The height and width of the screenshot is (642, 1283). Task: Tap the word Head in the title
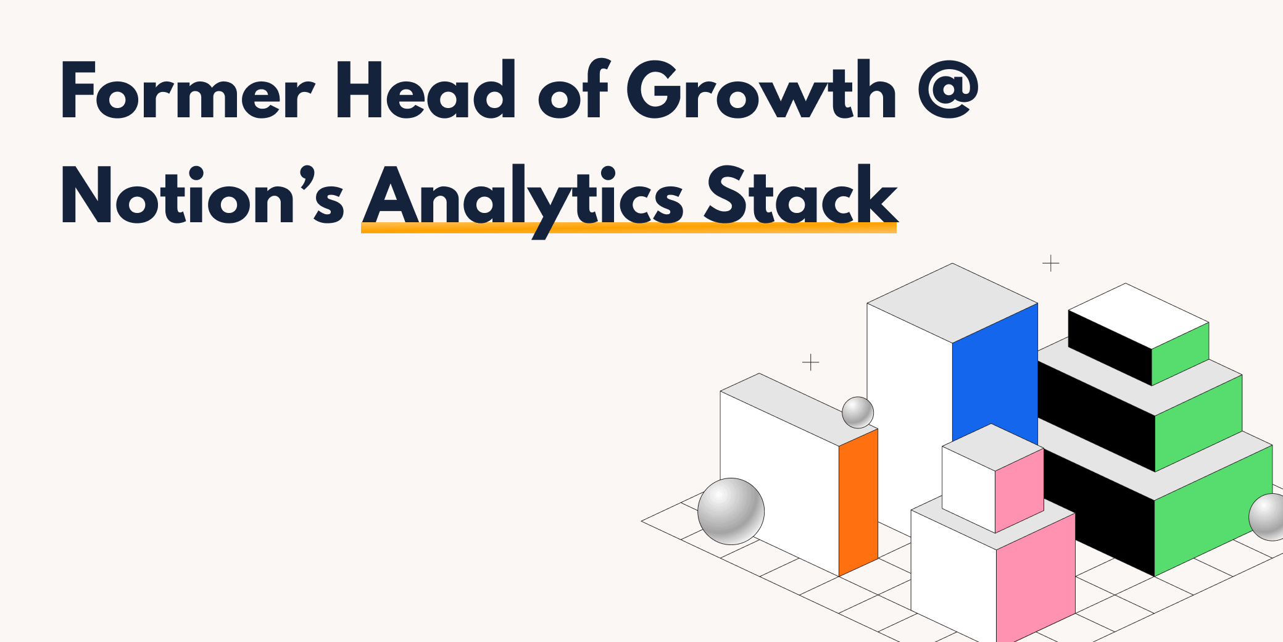[426, 91]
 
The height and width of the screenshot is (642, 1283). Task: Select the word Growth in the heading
[761, 91]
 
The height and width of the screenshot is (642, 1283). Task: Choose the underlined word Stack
[800, 196]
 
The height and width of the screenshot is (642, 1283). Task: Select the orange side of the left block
[858, 503]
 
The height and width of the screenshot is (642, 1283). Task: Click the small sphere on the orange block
[858, 412]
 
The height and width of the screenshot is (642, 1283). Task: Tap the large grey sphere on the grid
[731, 511]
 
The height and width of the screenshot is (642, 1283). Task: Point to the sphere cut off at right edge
[1268, 517]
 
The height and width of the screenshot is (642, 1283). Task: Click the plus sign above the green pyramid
[1050, 264]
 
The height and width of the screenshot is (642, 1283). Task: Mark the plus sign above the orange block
[810, 362]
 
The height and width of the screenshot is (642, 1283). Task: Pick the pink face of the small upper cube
[1019, 491]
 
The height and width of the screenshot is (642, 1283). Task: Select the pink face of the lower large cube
[1035, 577]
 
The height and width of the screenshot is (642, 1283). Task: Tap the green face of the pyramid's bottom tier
[1213, 509]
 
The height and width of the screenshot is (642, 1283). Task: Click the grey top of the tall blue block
[952, 302]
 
